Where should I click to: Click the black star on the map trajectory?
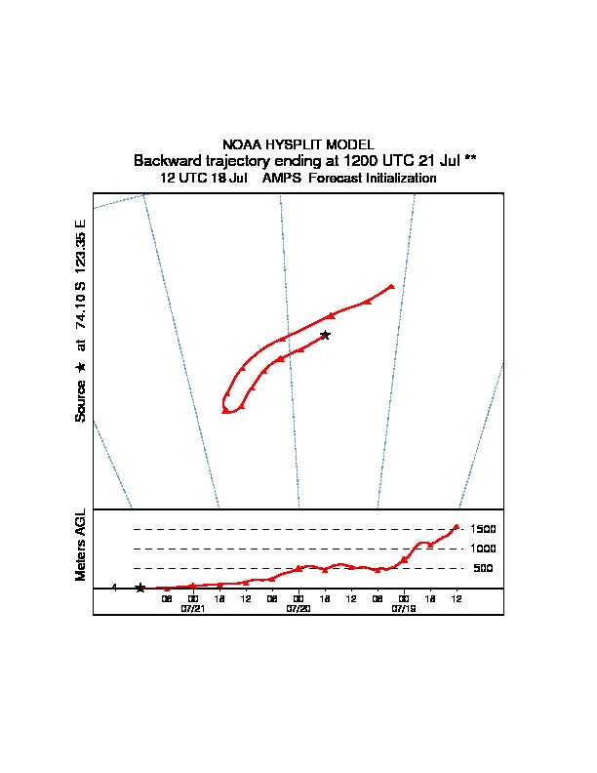tap(325, 335)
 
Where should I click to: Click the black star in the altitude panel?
tap(140, 588)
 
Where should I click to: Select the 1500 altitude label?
tap(484, 529)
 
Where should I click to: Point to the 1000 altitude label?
tap(484, 549)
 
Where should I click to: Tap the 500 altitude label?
tap(483, 568)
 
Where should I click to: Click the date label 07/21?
tap(193, 607)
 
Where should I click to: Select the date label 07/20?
tap(298, 607)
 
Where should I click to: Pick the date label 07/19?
tap(404, 607)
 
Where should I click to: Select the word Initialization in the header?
tap(393, 179)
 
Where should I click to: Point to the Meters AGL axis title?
tap(81, 545)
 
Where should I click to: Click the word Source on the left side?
tap(81, 401)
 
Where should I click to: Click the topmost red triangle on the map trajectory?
tap(391, 286)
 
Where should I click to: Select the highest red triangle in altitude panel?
tap(456, 527)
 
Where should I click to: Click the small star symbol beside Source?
tap(81, 366)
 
